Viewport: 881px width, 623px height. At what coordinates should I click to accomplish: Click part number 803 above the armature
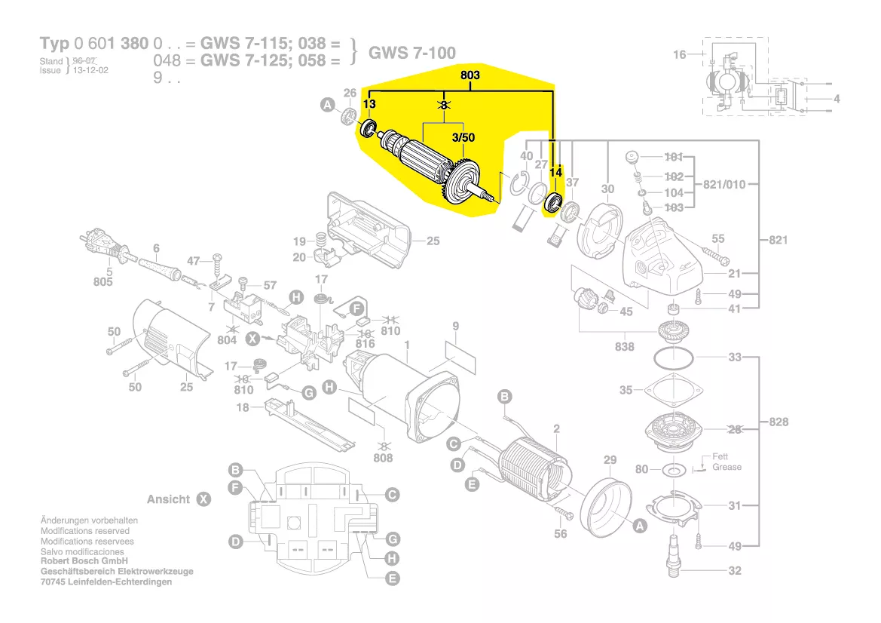(x=470, y=75)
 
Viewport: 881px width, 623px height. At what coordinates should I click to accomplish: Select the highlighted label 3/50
(x=463, y=138)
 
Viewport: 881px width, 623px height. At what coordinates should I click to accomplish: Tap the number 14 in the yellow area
(x=555, y=173)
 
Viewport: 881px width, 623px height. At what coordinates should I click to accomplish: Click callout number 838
(x=624, y=347)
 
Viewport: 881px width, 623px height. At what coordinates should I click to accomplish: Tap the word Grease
(x=727, y=467)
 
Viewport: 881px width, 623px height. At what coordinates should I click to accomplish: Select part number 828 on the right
(x=779, y=422)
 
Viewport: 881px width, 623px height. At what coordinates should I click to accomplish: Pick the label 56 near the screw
(x=560, y=534)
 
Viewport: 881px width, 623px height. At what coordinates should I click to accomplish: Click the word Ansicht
(x=169, y=499)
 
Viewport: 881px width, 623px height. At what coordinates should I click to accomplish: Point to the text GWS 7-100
(x=411, y=53)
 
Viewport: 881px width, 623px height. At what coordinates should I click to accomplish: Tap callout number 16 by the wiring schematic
(x=680, y=54)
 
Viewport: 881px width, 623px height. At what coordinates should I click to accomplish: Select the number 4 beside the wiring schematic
(x=837, y=99)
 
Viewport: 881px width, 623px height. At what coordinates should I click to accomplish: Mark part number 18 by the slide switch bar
(x=242, y=408)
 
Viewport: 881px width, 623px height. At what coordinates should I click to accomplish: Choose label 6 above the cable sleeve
(x=156, y=248)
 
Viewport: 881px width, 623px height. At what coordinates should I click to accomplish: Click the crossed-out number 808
(x=383, y=457)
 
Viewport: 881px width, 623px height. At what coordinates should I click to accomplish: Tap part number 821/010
(x=726, y=185)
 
